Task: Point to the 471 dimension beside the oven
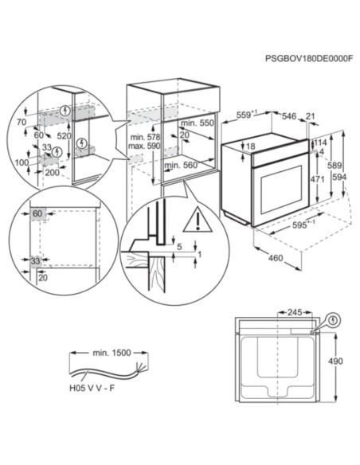pyautogui.click(x=316, y=180)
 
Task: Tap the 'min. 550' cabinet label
pyautogui.click(x=198, y=124)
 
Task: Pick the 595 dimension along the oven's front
pyautogui.click(x=301, y=224)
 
